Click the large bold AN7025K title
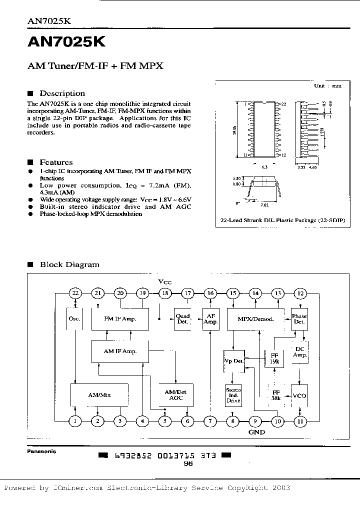[x=66, y=43]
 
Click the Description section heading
[x=62, y=93]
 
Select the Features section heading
[x=56, y=162]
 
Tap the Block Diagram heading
[x=69, y=264]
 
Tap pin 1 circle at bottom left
[x=75, y=421]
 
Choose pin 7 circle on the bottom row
[x=210, y=421]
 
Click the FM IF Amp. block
[x=120, y=318]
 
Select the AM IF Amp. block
[x=120, y=351]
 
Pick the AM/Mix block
[x=99, y=394]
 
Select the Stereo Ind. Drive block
[x=233, y=395]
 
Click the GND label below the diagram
[x=256, y=432]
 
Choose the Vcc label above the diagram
[x=164, y=282]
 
